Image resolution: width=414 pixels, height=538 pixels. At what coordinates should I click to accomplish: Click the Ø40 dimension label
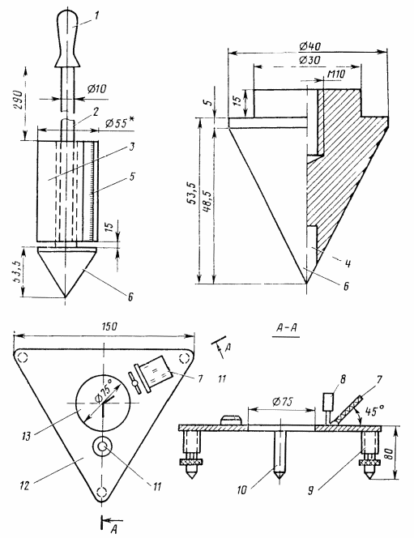point(309,46)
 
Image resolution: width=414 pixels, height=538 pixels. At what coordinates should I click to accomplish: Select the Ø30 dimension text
point(309,60)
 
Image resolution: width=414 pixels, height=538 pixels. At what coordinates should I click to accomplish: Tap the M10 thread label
point(336,74)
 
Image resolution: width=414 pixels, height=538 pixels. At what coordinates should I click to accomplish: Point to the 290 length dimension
point(19,100)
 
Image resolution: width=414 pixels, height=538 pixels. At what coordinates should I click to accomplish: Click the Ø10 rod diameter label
point(96,89)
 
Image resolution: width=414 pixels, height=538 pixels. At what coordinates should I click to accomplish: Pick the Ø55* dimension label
point(119,123)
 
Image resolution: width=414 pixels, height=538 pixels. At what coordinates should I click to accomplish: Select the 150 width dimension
point(109,327)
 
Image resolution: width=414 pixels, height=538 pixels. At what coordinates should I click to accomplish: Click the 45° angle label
point(375,411)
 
